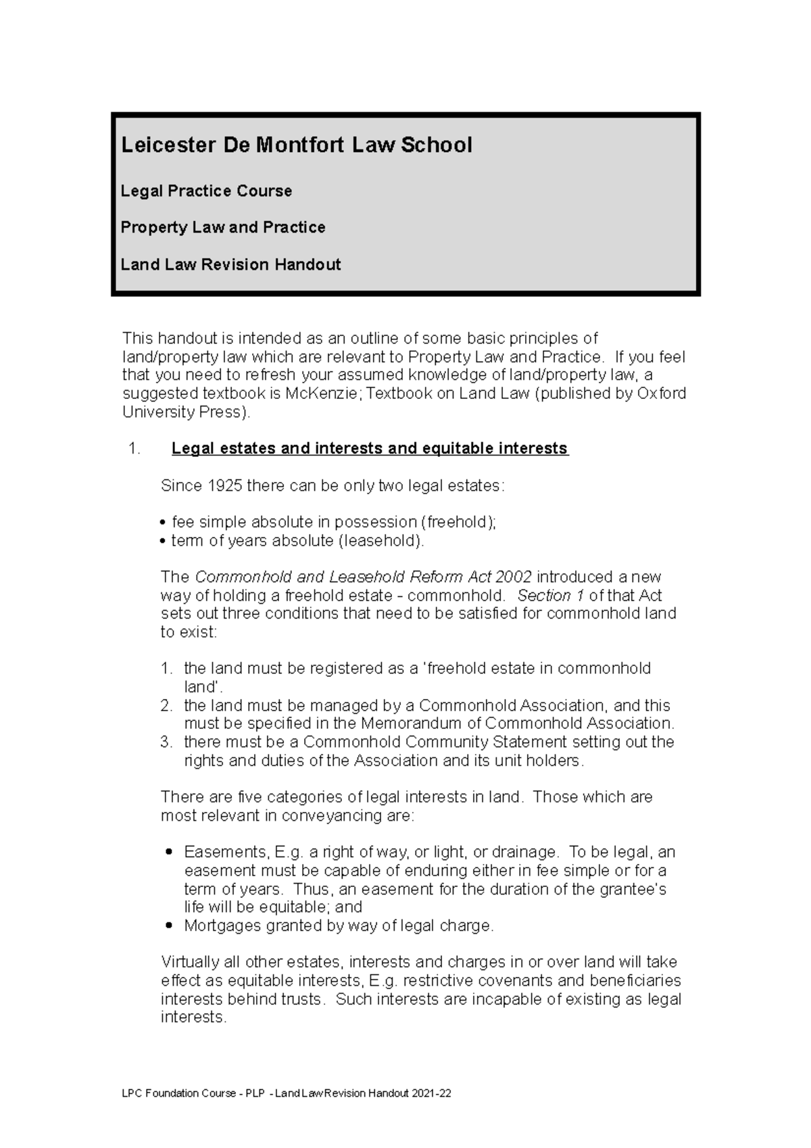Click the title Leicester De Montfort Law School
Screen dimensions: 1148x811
pyautogui.click(x=296, y=145)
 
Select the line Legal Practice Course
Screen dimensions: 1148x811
pyautogui.click(x=206, y=191)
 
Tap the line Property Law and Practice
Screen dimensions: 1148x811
pyautogui.click(x=223, y=227)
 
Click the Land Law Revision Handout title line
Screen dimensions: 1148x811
pyautogui.click(x=230, y=264)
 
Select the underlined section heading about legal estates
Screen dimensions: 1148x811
pyautogui.click(x=370, y=448)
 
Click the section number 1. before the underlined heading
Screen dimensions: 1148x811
pyautogui.click(x=134, y=449)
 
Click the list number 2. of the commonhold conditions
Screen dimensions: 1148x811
pyautogui.click(x=167, y=706)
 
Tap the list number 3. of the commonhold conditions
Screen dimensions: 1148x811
pyautogui.click(x=167, y=742)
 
